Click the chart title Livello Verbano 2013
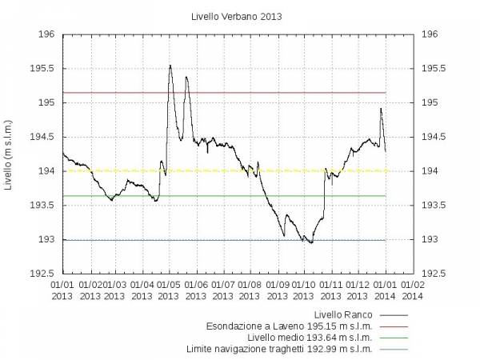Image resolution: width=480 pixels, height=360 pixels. point(241,15)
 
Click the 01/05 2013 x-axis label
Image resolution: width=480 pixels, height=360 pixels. point(169,290)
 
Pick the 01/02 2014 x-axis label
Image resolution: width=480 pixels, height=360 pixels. point(412,290)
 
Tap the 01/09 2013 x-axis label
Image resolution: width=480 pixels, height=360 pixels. point(278,290)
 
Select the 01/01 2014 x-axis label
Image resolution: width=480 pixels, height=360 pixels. point(385,290)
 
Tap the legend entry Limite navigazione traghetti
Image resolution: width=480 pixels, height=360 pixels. point(279,348)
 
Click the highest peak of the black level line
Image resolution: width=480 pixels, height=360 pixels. point(170,66)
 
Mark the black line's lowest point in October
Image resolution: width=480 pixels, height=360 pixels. point(310,242)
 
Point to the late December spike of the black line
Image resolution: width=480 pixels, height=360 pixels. point(381,109)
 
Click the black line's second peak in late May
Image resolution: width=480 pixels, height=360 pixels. point(186,77)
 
